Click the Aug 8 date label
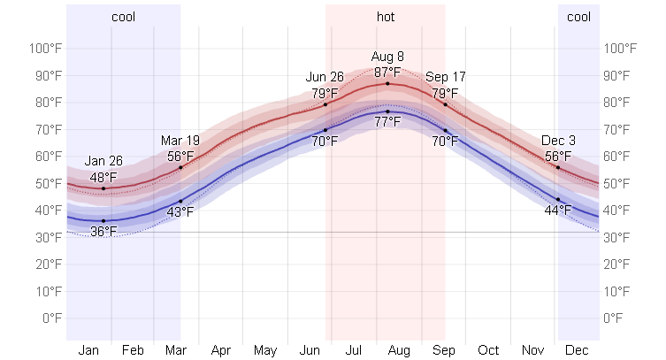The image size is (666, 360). pyautogui.click(x=387, y=57)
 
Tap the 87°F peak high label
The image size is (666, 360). pyautogui.click(x=387, y=72)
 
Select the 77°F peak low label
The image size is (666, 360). pyautogui.click(x=387, y=122)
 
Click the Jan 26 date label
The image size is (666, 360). pyautogui.click(x=103, y=162)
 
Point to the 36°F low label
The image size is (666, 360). pyautogui.click(x=103, y=232)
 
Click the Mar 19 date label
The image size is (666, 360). pyautogui.click(x=180, y=141)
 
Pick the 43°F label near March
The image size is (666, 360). pyautogui.click(x=180, y=211)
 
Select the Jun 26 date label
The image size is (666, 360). pyautogui.click(x=325, y=78)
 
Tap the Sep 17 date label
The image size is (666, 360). pyautogui.click(x=444, y=78)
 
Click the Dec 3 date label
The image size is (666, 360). pyautogui.click(x=558, y=141)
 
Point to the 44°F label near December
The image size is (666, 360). pyautogui.click(x=558, y=211)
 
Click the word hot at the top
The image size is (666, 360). pyautogui.click(x=387, y=17)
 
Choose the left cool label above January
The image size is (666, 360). pyautogui.click(x=124, y=17)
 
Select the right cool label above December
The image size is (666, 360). pyautogui.click(x=578, y=17)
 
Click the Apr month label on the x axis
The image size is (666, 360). pyautogui.click(x=221, y=350)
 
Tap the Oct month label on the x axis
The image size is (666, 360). pyautogui.click(x=488, y=350)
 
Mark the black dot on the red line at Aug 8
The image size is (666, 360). pyautogui.click(x=387, y=83)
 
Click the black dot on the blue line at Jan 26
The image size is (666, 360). pyautogui.click(x=103, y=220)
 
